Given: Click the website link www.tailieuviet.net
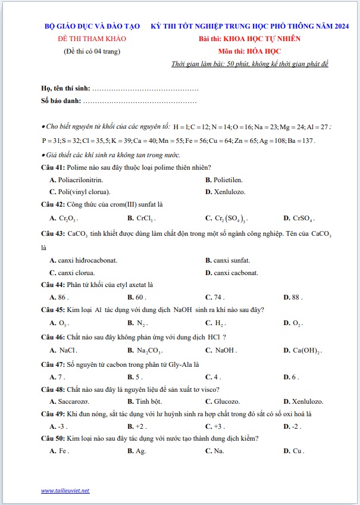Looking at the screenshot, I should point(65,490).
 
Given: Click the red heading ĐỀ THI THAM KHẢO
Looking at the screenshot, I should point(92,39).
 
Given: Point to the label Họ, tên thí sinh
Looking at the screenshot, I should point(66,88).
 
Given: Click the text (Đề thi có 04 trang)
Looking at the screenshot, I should point(92,51).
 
